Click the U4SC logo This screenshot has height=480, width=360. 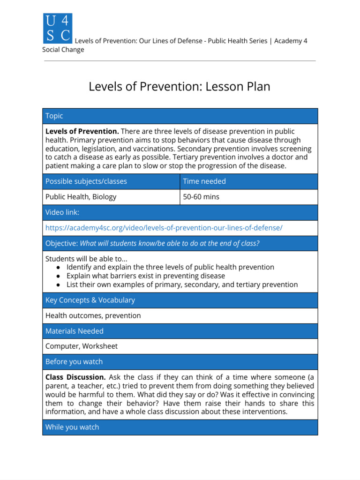click(x=57, y=28)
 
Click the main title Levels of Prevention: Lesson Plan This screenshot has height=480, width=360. click(x=180, y=87)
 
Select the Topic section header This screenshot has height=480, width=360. click(x=54, y=116)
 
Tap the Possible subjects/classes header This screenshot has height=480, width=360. click(x=86, y=181)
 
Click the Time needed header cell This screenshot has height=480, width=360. click(x=204, y=181)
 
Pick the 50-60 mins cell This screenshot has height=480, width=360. click(x=201, y=197)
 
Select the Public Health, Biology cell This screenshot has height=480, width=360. click(x=81, y=197)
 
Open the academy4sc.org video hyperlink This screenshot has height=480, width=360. click(x=164, y=228)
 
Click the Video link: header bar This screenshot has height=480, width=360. click(x=62, y=212)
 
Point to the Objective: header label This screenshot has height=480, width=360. click(x=61, y=243)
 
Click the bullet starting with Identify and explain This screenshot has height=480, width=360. click(x=170, y=267)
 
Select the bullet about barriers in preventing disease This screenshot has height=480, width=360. click(x=145, y=276)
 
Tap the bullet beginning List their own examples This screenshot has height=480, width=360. click(x=182, y=285)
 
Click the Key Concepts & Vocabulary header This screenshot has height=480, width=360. click(x=90, y=300)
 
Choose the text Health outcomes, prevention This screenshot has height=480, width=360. click(x=93, y=315)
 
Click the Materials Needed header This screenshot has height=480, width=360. click(x=74, y=331)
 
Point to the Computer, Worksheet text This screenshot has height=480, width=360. click(x=81, y=346)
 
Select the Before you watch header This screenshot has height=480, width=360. click(x=74, y=362)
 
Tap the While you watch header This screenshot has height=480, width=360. click(x=72, y=427)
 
